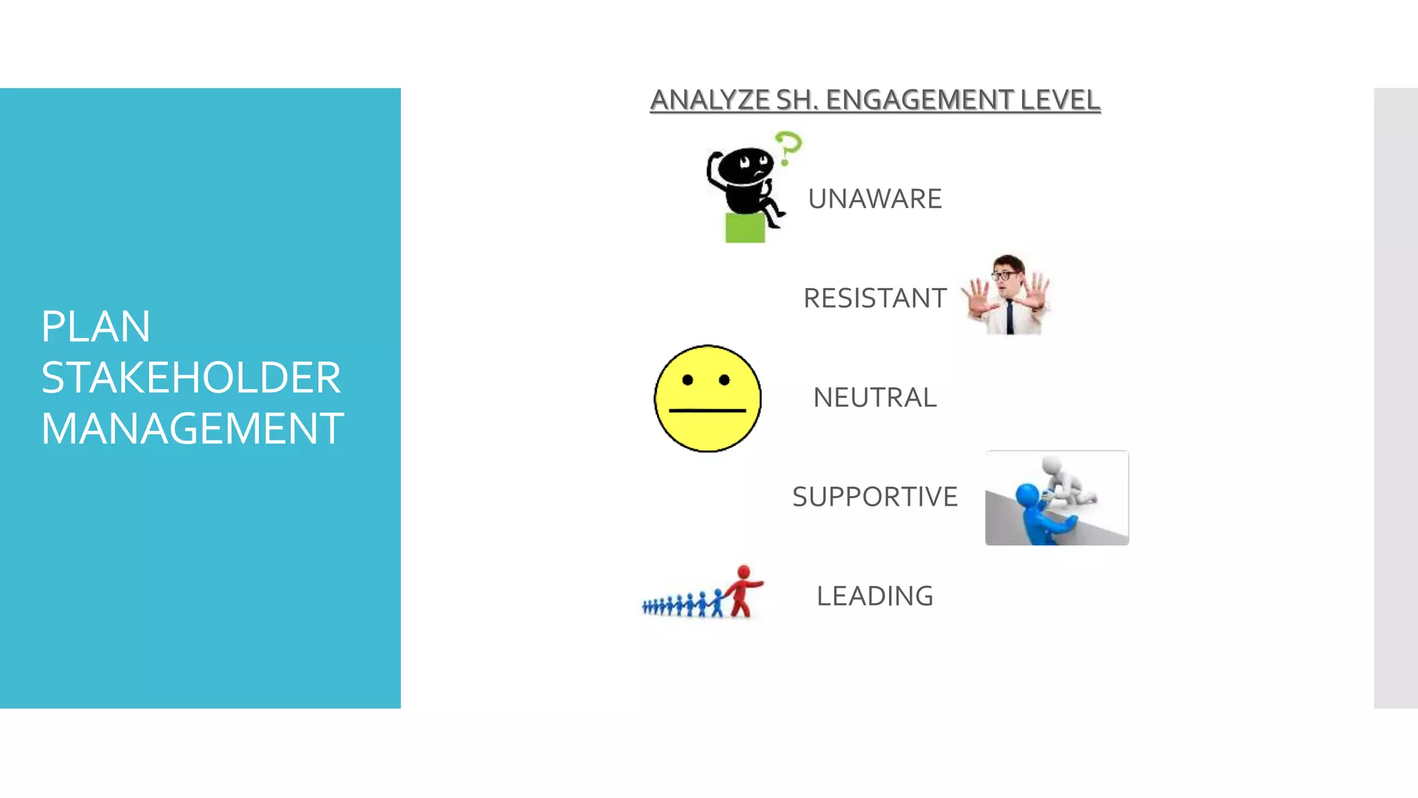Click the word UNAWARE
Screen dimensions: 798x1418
(x=874, y=199)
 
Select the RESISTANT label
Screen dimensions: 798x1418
(x=874, y=299)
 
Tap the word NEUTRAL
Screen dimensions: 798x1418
(x=874, y=398)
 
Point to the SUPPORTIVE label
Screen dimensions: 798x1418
(x=874, y=497)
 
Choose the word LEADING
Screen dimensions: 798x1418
(x=874, y=596)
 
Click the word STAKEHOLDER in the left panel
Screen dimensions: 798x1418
(x=190, y=378)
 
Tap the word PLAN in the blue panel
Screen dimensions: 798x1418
(x=96, y=326)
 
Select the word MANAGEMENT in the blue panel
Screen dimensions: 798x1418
(x=192, y=429)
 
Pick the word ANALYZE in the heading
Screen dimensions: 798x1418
(x=709, y=100)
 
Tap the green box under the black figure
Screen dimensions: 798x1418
(x=745, y=228)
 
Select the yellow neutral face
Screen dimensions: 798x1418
(x=707, y=398)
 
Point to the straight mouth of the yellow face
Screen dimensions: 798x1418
(x=707, y=411)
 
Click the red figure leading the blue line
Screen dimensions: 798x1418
(x=743, y=590)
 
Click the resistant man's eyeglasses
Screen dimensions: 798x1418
(x=1005, y=275)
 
